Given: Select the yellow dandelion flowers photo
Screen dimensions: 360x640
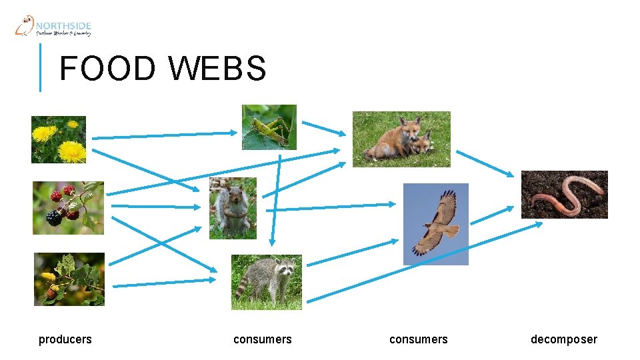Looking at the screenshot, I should tap(59, 139).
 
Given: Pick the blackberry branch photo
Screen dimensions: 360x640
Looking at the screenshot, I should tap(69, 208).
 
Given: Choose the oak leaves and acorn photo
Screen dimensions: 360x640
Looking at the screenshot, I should tap(69, 279).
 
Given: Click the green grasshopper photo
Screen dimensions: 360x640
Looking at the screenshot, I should tap(269, 127).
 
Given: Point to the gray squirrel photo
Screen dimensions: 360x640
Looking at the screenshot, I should tap(233, 208).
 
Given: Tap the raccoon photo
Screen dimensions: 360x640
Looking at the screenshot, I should tap(267, 282).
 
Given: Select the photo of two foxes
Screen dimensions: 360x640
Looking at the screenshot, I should tap(401, 139).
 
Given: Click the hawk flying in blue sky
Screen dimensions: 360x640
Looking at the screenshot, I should tap(436, 224).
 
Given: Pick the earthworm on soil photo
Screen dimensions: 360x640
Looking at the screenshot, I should tap(564, 195).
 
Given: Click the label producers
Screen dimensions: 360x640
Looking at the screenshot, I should tap(65, 339).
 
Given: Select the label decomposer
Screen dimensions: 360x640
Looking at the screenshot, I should tap(564, 339).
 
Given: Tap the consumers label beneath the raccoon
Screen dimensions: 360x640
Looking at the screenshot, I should tap(263, 339).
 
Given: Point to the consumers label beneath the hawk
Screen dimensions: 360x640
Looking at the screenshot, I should tap(419, 339).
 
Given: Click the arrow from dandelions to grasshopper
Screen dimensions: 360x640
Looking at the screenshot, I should tap(163, 135).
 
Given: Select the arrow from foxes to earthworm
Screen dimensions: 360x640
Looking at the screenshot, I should tap(485, 164).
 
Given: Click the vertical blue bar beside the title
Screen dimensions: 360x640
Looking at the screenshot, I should tap(40, 67).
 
